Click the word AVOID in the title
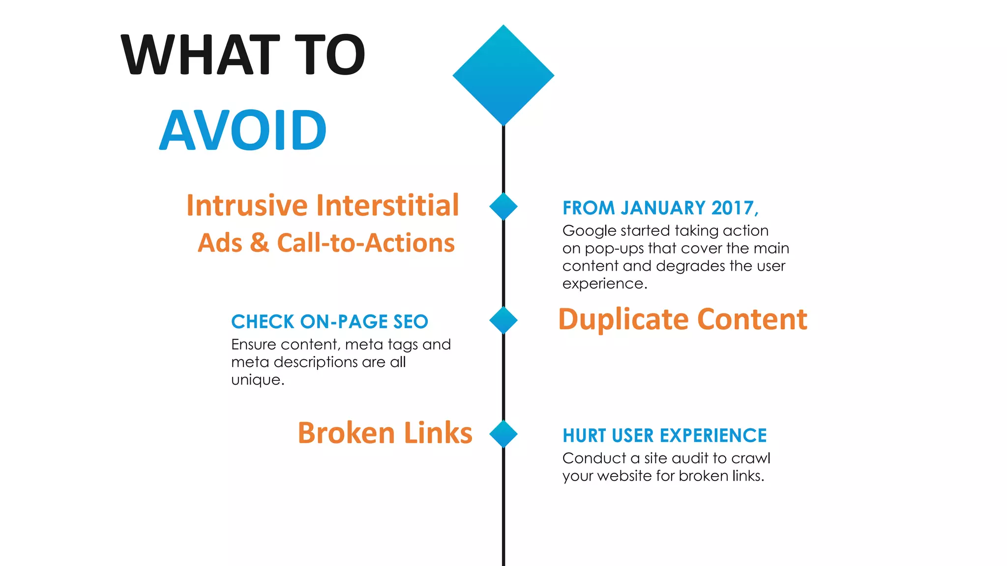243,130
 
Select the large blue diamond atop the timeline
503,75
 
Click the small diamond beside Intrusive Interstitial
503,206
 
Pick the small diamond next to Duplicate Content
503,320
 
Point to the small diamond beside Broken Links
503,434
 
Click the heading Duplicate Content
682,319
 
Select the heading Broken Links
385,433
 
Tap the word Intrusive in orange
247,205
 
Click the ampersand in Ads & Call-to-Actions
260,243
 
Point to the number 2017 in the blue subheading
732,208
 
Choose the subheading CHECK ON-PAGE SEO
329,322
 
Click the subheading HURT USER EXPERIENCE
664,436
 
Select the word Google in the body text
589,231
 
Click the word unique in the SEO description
256,380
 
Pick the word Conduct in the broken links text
594,458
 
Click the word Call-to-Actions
366,243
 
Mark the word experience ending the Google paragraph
603,284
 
